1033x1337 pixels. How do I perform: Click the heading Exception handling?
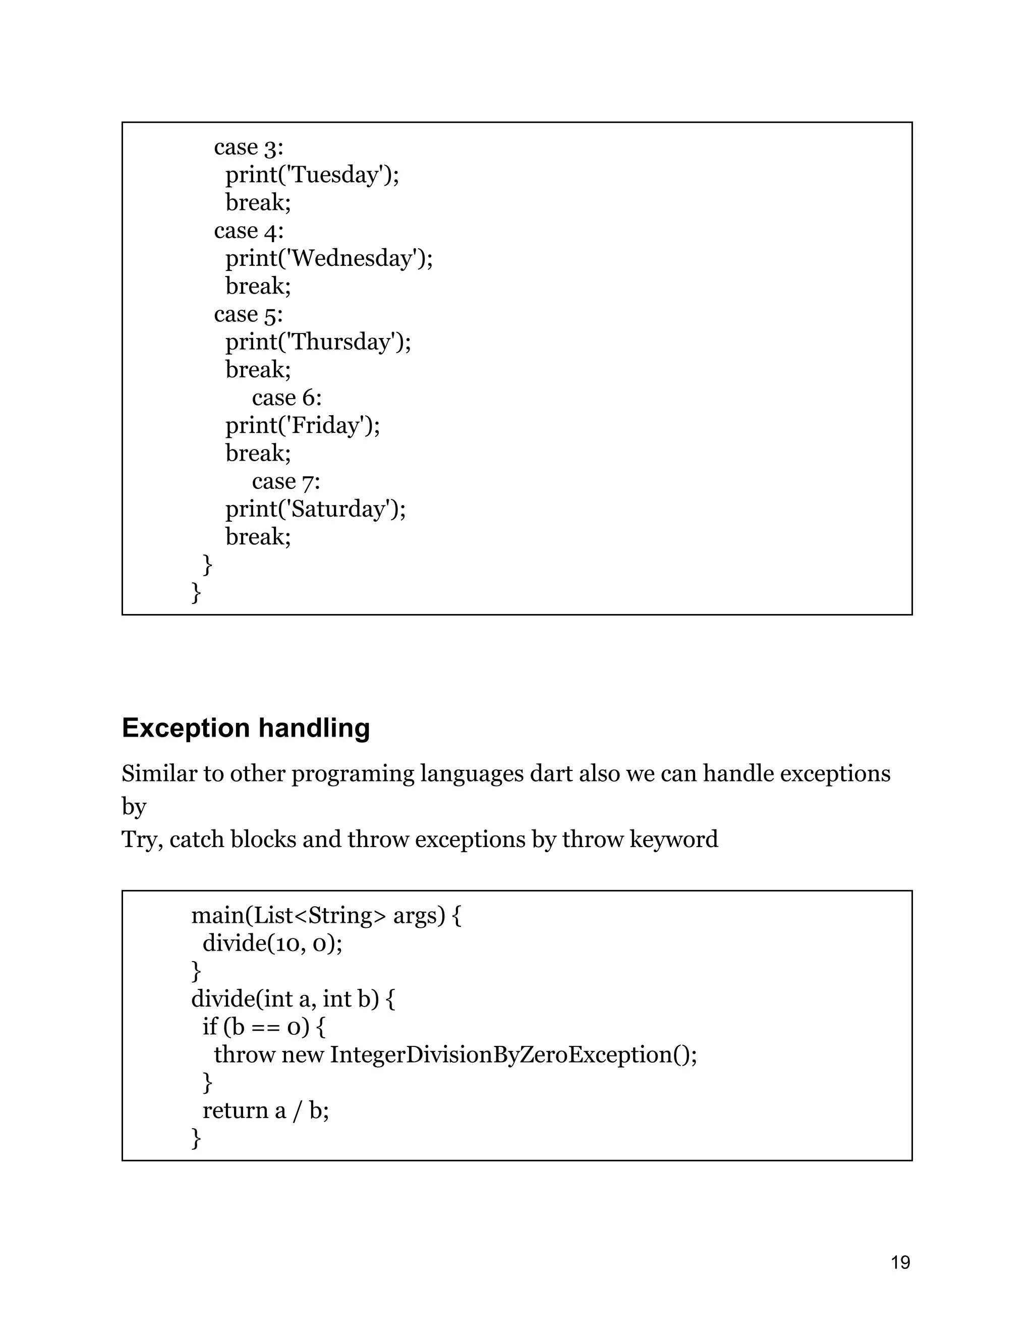click(x=246, y=728)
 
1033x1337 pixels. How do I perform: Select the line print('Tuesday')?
click(x=312, y=175)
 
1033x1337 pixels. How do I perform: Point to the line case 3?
click(x=249, y=147)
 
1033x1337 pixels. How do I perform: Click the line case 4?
click(x=249, y=231)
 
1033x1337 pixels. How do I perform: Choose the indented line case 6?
click(x=286, y=398)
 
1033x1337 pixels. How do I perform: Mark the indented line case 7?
click(x=286, y=481)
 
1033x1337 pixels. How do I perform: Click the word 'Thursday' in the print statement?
click(x=341, y=342)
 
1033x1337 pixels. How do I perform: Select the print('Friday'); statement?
click(x=302, y=425)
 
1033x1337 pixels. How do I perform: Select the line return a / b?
click(x=266, y=1110)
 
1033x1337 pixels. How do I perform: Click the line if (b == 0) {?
click(x=264, y=1027)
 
